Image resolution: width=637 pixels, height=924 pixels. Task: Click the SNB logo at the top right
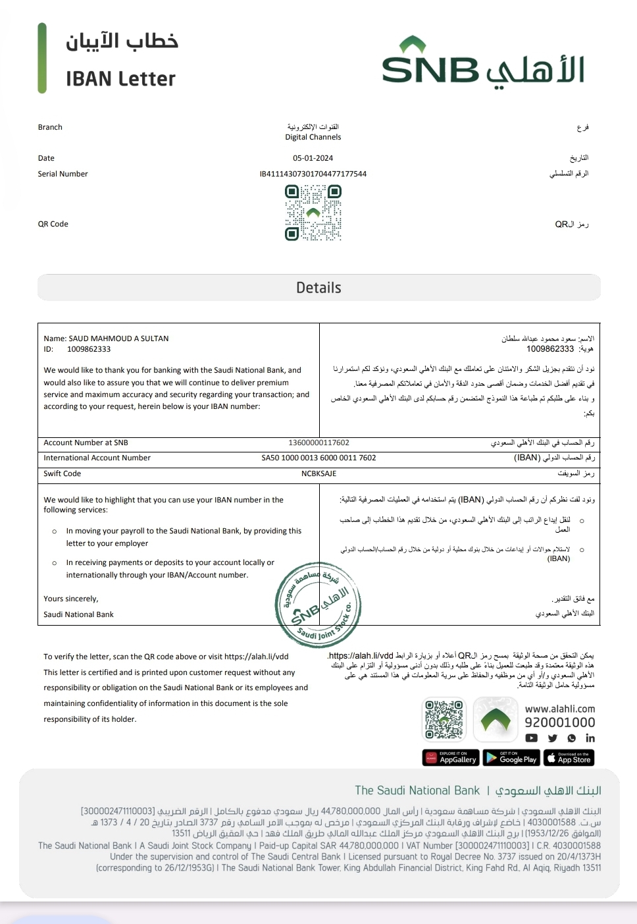click(x=483, y=63)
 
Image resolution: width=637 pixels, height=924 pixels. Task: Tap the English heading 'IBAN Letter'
click(x=120, y=79)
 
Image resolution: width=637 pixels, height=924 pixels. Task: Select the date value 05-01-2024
click(x=313, y=158)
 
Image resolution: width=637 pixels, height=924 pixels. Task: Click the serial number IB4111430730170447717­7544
click(x=313, y=174)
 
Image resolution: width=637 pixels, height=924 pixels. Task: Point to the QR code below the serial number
click(x=313, y=213)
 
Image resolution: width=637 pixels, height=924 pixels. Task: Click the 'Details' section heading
click(x=318, y=288)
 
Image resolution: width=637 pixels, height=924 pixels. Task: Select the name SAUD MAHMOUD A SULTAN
click(x=118, y=339)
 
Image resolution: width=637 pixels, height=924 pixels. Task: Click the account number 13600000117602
click(x=318, y=443)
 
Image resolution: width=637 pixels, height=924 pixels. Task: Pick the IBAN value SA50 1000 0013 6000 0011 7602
click(x=318, y=458)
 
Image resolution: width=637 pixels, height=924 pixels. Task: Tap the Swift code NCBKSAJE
click(x=318, y=474)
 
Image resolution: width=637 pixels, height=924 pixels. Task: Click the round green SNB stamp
click(x=318, y=605)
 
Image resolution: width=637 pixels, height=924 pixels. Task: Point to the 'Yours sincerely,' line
click(x=71, y=599)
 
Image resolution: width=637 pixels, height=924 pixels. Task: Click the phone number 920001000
click(x=559, y=722)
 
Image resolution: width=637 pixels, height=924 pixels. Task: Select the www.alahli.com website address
click(x=559, y=709)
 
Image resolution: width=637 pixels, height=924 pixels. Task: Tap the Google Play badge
click(x=511, y=758)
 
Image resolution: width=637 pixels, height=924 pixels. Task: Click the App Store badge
click(x=569, y=758)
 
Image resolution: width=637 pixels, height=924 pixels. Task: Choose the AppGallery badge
click(x=450, y=758)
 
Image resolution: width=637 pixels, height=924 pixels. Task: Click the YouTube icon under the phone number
click(x=532, y=738)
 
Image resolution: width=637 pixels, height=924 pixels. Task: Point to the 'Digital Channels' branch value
click(x=313, y=137)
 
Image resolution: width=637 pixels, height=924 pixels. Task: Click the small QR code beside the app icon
click(x=444, y=720)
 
